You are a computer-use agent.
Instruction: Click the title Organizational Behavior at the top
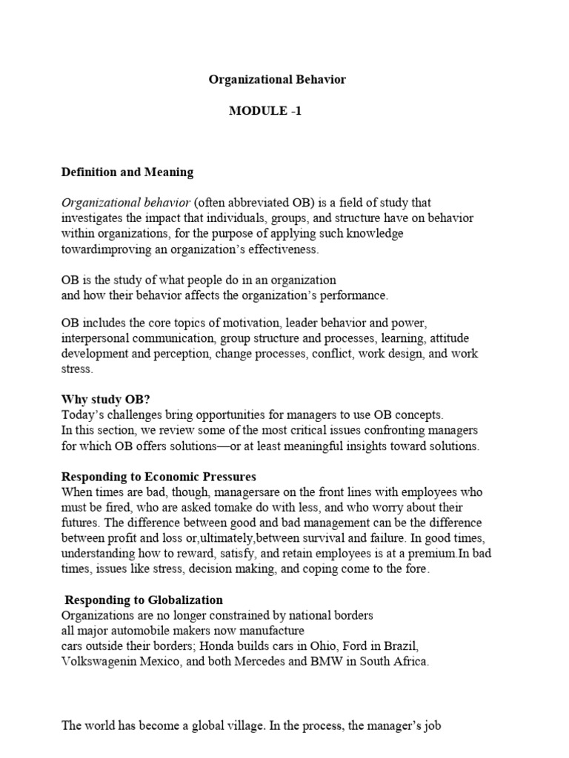[277, 79]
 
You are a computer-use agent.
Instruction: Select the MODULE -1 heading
[265, 111]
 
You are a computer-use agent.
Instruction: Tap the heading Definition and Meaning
[127, 172]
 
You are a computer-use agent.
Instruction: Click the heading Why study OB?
[106, 399]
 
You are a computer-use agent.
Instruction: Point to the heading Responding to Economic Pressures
[159, 476]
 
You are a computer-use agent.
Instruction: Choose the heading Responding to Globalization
[144, 600]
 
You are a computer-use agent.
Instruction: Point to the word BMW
[350, 662]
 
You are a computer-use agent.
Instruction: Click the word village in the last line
[230, 726]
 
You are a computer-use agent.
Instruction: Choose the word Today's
[82, 415]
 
